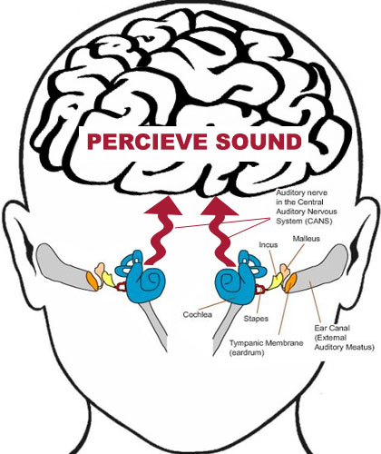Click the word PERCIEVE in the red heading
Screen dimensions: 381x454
[147, 142]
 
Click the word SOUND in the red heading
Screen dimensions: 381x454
[259, 142]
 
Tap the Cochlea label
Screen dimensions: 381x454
[198, 314]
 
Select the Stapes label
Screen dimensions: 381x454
[256, 319]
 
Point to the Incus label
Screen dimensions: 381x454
[269, 244]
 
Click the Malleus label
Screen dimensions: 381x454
[306, 239]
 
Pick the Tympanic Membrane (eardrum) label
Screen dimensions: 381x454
[266, 348]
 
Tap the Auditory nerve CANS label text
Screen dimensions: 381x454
[307, 207]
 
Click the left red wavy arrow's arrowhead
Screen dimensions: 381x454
[163, 206]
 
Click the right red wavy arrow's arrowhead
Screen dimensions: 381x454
[220, 206]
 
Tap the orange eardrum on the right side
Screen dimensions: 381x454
[289, 282]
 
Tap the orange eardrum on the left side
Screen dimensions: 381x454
[93, 281]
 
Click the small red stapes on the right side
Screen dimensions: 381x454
[260, 290]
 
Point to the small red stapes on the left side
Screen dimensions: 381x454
[121, 286]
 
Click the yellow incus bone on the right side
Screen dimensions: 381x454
[275, 281]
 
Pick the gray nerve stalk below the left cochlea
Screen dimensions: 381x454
[154, 325]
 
